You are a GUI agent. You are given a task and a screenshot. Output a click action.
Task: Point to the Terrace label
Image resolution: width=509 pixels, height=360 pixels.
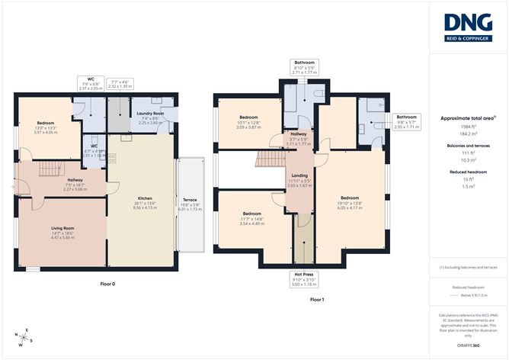190,199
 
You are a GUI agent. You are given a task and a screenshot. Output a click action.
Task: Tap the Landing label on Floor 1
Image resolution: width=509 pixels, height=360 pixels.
299,175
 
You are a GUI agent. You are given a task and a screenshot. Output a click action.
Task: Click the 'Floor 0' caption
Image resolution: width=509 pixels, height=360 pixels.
108,284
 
